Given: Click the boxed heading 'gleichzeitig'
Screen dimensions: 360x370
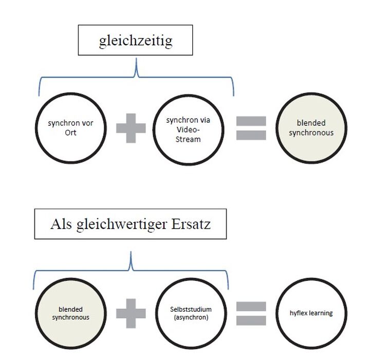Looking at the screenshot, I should click(136, 41).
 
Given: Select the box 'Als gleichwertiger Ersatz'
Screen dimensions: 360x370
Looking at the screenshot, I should click(130, 224).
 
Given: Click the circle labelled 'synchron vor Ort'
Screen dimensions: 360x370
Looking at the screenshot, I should click(70, 127).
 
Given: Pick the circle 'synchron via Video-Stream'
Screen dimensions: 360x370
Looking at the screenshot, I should click(189, 127).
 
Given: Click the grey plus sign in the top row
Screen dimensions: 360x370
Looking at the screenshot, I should click(131, 127).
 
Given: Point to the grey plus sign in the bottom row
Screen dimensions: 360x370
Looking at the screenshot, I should click(131, 313).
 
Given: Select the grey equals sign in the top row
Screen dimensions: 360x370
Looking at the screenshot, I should click(251, 128).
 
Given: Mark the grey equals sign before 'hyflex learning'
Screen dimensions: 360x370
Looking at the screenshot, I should click(251, 313).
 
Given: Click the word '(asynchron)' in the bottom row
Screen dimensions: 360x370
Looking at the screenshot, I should click(191, 317).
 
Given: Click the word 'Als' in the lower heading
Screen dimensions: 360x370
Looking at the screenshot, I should click(61, 224).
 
